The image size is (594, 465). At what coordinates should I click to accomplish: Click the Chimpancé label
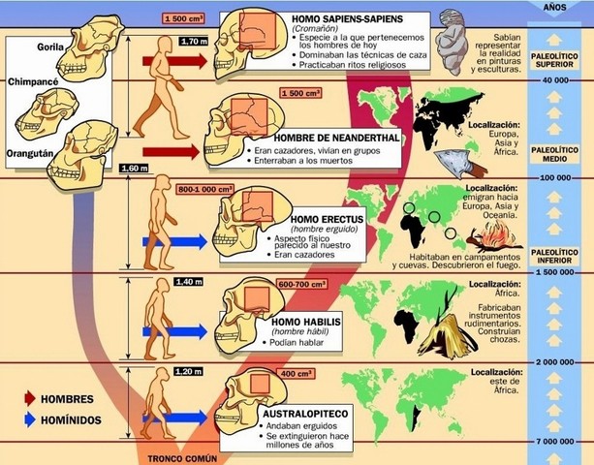(x=32, y=83)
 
